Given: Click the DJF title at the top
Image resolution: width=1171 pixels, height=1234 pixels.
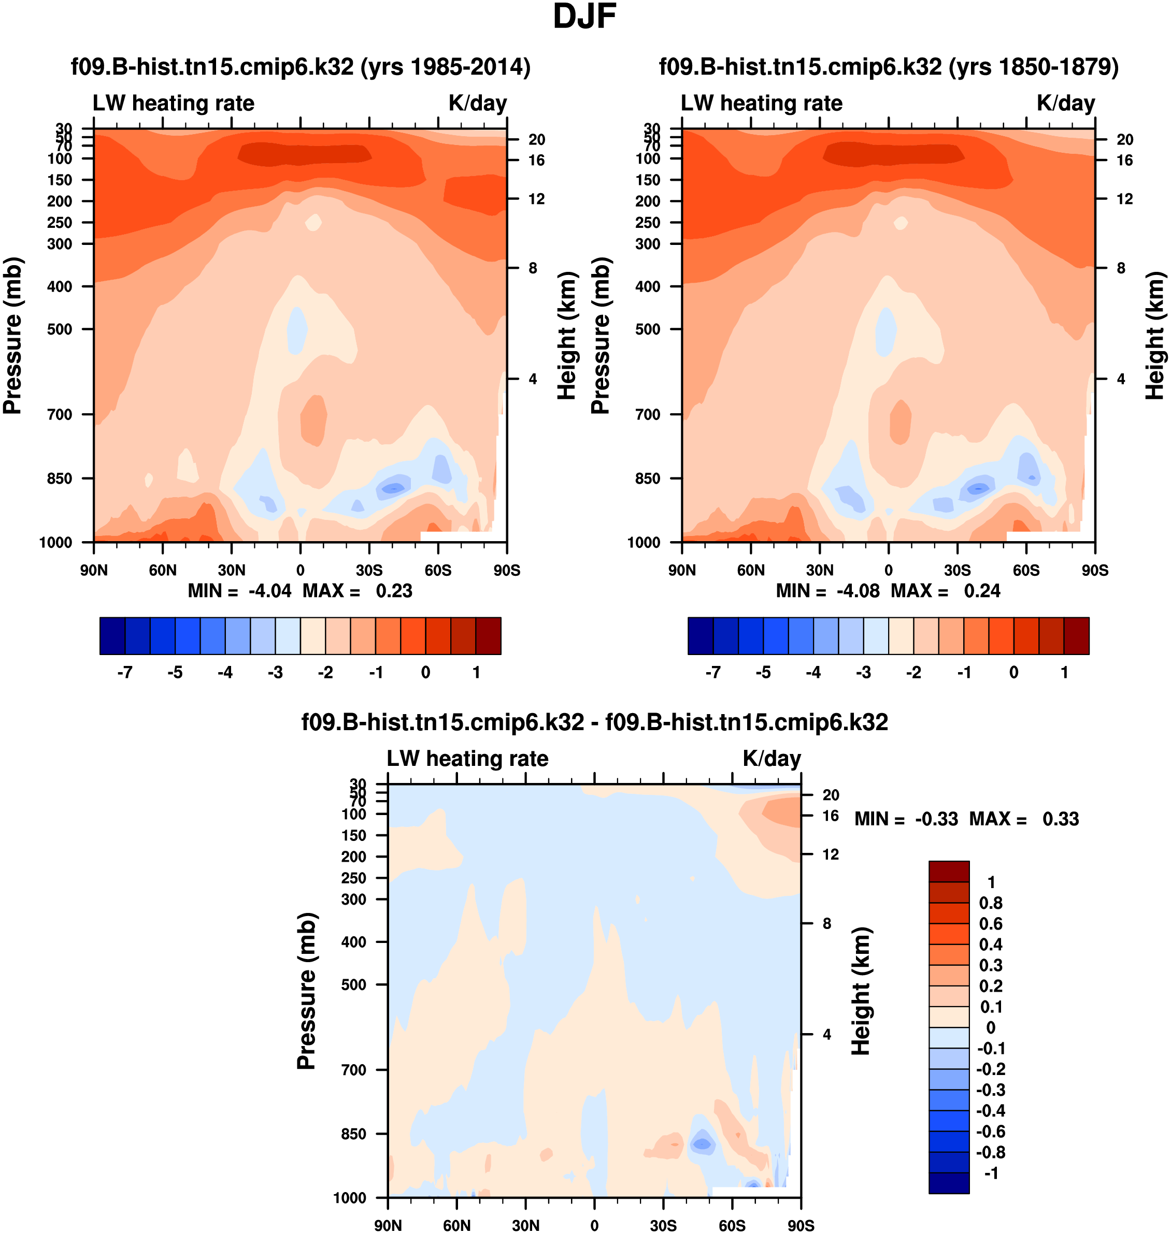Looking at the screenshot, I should click(584, 18).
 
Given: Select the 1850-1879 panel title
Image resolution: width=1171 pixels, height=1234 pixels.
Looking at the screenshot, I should click(889, 67).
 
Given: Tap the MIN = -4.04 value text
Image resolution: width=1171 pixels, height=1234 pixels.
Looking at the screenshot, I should click(269, 591).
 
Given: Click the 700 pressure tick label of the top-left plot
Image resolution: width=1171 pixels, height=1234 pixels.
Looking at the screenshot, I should click(60, 414).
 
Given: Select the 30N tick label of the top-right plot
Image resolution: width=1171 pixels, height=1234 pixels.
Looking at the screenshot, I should click(820, 570).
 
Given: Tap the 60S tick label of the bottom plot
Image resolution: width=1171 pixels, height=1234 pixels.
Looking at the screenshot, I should click(732, 1225).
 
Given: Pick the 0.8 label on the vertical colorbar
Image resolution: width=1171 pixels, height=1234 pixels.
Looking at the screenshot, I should click(991, 903).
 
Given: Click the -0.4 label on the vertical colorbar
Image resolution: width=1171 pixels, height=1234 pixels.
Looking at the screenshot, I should click(991, 1110).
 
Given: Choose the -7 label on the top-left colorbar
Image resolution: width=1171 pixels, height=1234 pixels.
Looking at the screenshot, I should click(125, 673).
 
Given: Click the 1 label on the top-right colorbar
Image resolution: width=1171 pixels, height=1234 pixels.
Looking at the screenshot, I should click(1064, 673).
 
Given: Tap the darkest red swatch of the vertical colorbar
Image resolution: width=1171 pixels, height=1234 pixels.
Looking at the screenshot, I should click(949, 871).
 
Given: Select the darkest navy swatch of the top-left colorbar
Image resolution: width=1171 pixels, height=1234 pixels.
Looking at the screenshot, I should click(112, 636).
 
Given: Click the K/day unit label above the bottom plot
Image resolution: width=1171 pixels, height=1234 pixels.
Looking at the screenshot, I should click(772, 758).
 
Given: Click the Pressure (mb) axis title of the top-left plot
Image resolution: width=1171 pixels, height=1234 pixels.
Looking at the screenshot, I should click(12, 336).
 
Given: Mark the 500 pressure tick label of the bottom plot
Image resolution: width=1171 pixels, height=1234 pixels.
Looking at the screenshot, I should click(354, 984).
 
